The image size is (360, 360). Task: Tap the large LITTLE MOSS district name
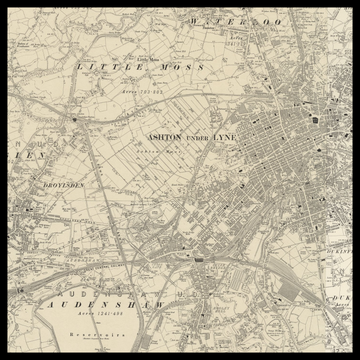141,67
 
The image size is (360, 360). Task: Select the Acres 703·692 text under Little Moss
144,91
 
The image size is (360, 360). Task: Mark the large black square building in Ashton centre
315,119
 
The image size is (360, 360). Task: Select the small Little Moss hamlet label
151,57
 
